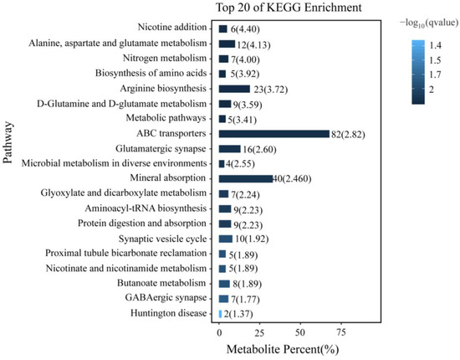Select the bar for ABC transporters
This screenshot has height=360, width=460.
pyautogui.click(x=274, y=133)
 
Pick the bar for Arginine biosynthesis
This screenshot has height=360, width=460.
pyautogui.click(x=234, y=89)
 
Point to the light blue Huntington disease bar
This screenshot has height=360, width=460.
pyautogui.click(x=221, y=313)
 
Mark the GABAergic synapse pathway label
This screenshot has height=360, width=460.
pyautogui.click(x=167, y=297)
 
